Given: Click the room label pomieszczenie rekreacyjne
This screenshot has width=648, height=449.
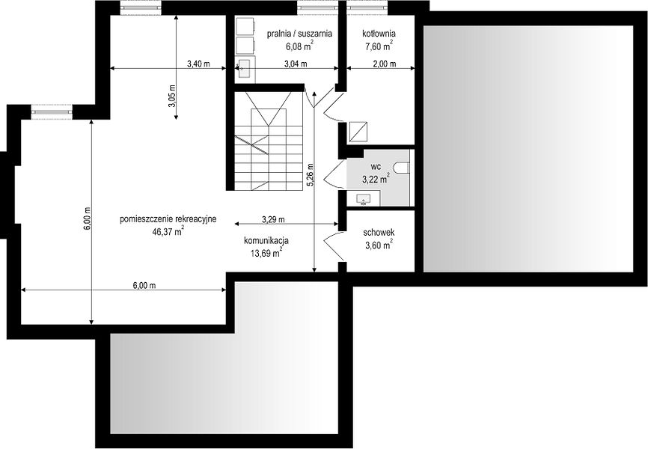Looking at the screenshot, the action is coord(168,219).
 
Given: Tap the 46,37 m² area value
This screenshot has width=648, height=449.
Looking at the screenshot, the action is coord(168,231).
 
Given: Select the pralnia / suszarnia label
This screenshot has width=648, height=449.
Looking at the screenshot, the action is coord(299,34).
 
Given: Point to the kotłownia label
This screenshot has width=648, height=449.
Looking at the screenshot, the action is coord(379,34).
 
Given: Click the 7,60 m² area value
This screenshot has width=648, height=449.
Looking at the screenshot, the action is coord(379,46).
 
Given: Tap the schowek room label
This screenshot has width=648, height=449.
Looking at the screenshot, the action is coord(379,233).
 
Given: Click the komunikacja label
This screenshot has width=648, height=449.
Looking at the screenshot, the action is coord(266,241).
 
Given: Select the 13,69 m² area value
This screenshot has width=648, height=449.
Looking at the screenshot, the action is coord(266,253).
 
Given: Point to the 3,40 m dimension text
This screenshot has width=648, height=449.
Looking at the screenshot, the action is coord(198,64).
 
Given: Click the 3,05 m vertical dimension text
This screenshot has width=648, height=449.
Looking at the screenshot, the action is coord(172,96).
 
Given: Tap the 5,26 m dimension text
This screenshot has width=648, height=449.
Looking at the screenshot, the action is coord(311,175).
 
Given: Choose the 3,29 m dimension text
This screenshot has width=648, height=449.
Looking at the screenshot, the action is coord(273,219).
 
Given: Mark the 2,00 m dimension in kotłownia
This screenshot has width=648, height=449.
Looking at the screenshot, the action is coord(385,64).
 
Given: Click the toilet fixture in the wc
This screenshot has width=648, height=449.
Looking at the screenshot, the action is coord(401,168).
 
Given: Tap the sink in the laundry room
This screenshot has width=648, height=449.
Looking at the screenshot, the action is coord(245,68).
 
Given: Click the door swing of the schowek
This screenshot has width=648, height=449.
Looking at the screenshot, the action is coord(333,247).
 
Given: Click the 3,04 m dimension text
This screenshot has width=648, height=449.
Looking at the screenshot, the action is coord(296,64).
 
